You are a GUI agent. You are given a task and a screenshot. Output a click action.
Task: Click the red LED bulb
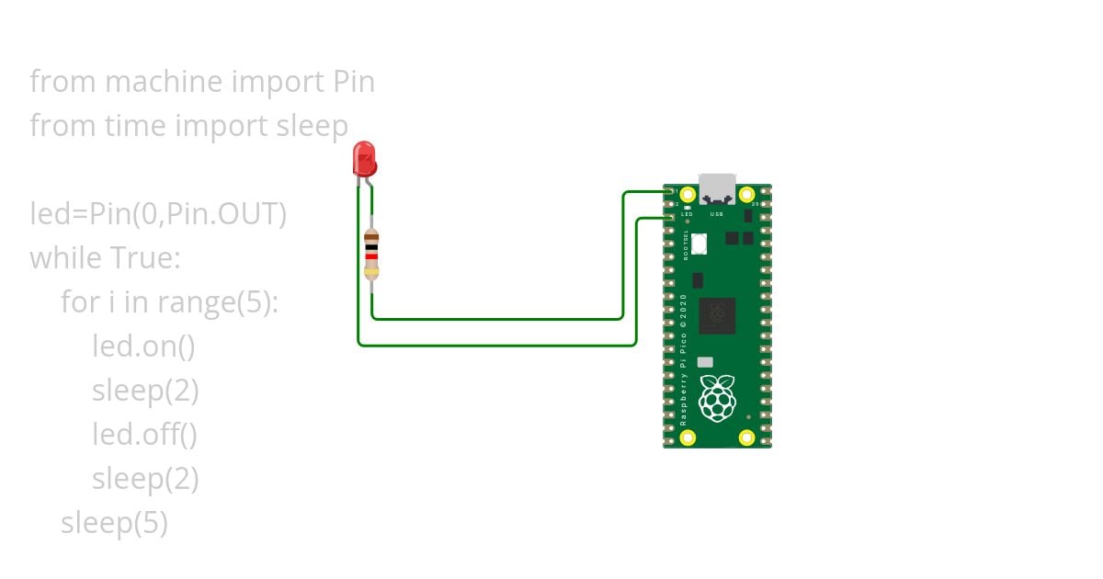tap(364, 159)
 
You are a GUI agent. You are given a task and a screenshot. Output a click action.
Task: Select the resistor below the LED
tap(371, 254)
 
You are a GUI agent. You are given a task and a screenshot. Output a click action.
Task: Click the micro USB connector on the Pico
tap(717, 188)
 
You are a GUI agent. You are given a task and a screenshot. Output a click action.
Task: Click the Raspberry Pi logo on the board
tap(717, 397)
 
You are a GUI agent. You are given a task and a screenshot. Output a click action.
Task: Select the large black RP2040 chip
tap(717, 315)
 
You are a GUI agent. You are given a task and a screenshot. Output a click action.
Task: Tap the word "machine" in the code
tap(164, 82)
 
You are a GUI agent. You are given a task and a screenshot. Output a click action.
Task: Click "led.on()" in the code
tap(143, 346)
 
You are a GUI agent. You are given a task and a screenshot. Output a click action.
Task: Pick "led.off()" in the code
tap(144, 434)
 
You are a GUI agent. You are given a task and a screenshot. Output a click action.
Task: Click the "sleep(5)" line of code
tap(114, 523)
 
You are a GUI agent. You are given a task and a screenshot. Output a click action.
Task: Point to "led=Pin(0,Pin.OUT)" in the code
tap(158, 214)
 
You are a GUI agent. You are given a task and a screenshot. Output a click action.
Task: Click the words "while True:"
tap(105, 258)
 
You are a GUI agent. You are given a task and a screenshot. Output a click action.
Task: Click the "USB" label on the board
tap(717, 214)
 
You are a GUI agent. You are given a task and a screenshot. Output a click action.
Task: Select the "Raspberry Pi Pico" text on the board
tap(684, 358)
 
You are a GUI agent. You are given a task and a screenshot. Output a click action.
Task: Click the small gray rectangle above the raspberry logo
tap(705, 362)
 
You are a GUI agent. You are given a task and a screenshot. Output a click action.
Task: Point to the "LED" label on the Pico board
tap(687, 214)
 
